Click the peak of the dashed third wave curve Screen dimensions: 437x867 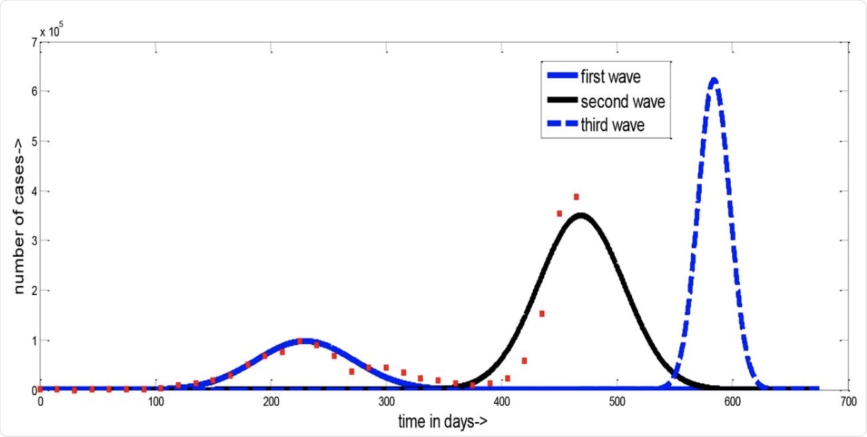click(x=714, y=79)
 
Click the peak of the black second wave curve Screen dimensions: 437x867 click(x=581, y=215)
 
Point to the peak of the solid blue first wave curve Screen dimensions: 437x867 click(x=307, y=341)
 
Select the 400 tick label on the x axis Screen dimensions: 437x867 click(x=502, y=401)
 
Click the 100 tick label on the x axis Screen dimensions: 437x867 click(x=155, y=401)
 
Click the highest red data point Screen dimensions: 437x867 click(x=576, y=197)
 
